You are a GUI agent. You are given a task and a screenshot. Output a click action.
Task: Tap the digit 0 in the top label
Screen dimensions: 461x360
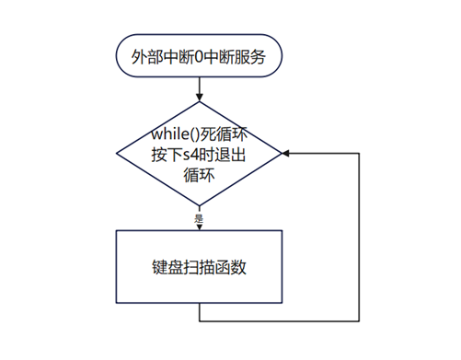[199, 57]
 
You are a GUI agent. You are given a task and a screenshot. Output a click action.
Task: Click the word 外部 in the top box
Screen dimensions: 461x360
[147, 57]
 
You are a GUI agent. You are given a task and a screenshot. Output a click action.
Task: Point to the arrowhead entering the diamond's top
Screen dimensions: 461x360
[200, 97]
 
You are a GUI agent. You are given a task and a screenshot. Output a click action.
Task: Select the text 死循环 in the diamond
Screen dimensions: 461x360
[224, 134]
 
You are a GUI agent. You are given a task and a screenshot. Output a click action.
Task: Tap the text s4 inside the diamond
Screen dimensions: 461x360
[190, 155]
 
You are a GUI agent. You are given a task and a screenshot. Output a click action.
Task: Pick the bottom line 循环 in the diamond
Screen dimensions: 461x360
[199, 175]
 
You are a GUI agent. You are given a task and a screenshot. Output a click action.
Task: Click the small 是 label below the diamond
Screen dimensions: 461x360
[199, 219]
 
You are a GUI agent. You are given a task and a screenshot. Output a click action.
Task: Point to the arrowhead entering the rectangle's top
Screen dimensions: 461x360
[200, 227]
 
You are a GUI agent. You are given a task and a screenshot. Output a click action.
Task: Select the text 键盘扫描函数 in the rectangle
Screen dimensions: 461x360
[199, 267]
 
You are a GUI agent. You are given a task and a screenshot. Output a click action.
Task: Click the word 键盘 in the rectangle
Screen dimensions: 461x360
[167, 267]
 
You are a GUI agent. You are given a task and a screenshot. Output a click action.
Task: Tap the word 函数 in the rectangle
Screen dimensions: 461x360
[231, 267]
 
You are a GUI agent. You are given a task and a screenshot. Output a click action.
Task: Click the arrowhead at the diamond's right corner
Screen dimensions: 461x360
[285, 153]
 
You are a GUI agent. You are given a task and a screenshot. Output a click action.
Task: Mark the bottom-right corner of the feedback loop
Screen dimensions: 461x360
[359, 321]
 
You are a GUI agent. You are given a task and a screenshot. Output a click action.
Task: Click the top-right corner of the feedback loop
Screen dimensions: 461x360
[359, 153]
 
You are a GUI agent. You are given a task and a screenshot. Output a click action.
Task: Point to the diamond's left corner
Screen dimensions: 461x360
[117, 153]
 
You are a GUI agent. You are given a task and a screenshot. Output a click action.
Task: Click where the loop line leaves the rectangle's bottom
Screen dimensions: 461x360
[200, 303]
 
